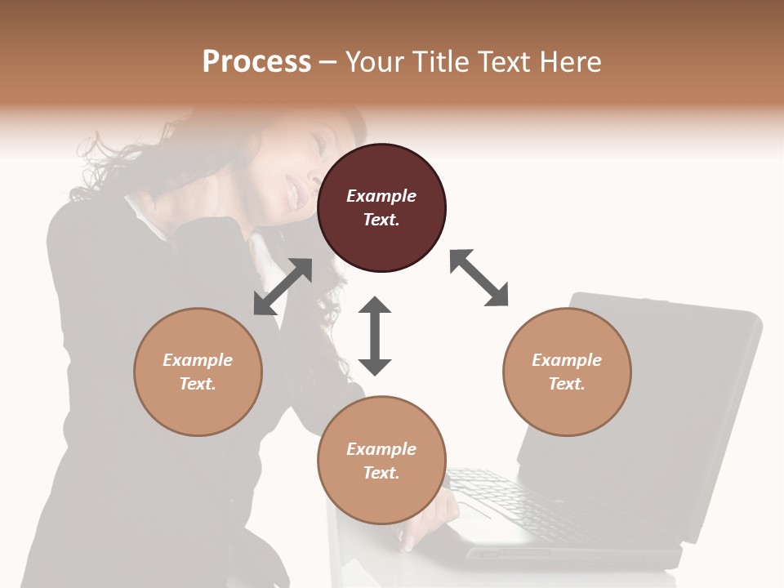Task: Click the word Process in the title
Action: (256, 62)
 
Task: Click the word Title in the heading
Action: (439, 62)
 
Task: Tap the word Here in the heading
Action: (570, 62)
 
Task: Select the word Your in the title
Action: (374, 62)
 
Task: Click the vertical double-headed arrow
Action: (375, 336)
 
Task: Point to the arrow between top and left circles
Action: (283, 287)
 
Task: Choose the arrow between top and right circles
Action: (479, 278)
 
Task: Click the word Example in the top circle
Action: (381, 196)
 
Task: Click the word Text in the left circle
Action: (198, 384)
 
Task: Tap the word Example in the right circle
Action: (567, 360)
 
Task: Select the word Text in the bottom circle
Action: (381, 473)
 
